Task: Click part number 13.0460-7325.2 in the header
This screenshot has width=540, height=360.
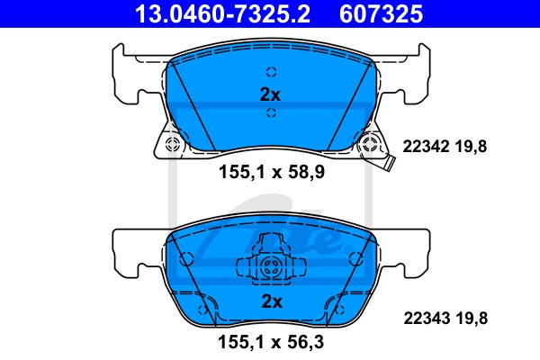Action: [222, 14]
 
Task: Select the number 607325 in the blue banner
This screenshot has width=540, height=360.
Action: [382, 14]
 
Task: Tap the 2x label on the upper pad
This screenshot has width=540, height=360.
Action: [270, 94]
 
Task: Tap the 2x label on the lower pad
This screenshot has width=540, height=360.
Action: [272, 301]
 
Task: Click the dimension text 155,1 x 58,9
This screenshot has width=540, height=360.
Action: [272, 172]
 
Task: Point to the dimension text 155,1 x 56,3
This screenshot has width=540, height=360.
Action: [271, 342]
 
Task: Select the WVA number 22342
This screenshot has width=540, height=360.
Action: [426, 147]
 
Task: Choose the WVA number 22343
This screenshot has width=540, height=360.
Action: [427, 318]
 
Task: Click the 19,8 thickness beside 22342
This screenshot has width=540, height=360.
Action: [471, 147]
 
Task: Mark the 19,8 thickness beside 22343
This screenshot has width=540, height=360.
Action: [472, 319]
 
